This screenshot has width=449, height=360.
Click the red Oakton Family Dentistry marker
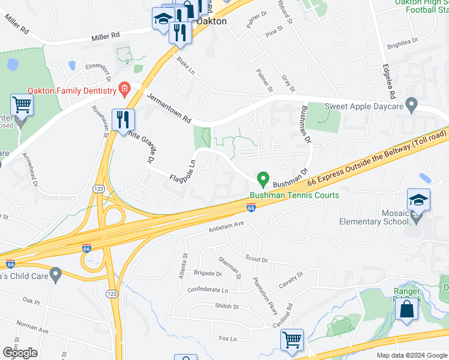pyautogui.click(x=124, y=91)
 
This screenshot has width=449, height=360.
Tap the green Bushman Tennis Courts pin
pyautogui.click(x=262, y=179)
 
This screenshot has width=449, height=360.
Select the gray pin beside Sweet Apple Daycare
pyautogui.click(x=411, y=106)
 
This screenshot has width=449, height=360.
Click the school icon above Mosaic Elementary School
pyautogui.click(x=418, y=200)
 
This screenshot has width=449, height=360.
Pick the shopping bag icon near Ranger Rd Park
pyautogui.click(x=406, y=310)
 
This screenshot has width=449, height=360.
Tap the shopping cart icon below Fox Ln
pyautogui.click(x=292, y=340)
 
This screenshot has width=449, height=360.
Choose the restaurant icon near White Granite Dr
pyautogui.click(x=122, y=119)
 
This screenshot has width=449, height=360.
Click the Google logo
pyautogui.click(x=20, y=353)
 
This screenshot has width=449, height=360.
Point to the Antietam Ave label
pyautogui.click(x=227, y=227)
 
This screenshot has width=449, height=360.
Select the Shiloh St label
pyautogui.click(x=227, y=307)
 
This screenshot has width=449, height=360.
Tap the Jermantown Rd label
pyautogui.click(x=169, y=108)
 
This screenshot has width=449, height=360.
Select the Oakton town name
pyautogui.click(x=212, y=21)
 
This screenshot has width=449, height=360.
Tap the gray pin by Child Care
pyautogui.click(x=56, y=275)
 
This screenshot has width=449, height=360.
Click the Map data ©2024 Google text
pyautogui.click(x=412, y=355)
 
